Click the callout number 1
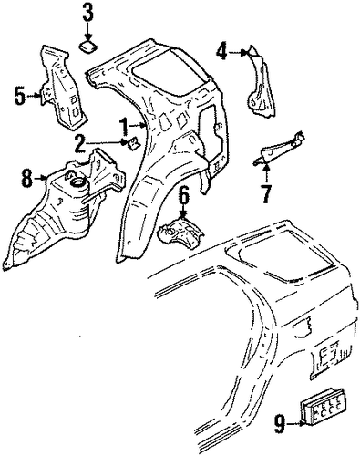click(124, 126)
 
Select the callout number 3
click(87, 12)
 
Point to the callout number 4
click(221, 51)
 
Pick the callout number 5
click(20, 96)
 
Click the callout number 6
click(184, 196)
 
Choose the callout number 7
click(266, 194)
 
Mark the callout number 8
click(26, 179)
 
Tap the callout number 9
click(280, 425)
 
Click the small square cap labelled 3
click(88, 47)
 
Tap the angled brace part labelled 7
click(279, 148)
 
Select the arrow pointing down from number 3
click(87, 31)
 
